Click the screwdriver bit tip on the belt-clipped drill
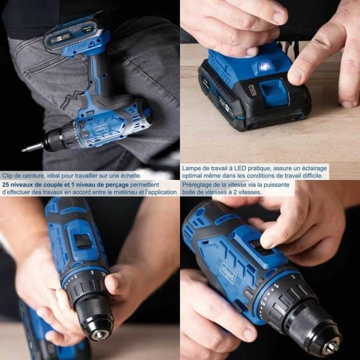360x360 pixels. tap(25, 148)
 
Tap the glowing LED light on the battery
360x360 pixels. tap(264, 65)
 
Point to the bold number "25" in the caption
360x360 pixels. tap(6, 183)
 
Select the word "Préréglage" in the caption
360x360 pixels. tap(198, 183)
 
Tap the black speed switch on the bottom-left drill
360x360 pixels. tap(83, 241)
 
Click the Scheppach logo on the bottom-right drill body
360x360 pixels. tap(228, 272)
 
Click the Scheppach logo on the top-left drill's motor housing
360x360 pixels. tap(101, 128)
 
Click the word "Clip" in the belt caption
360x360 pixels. tap(8, 175)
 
